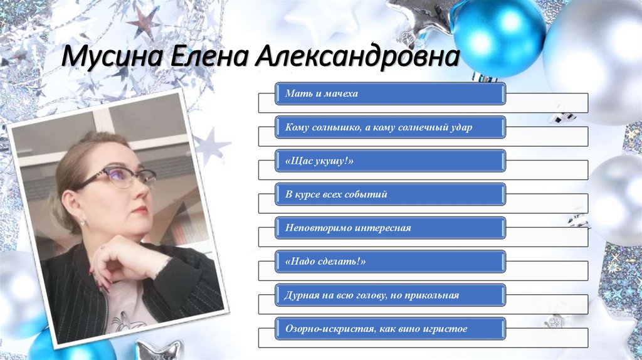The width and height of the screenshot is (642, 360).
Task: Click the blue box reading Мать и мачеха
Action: pos(391,93)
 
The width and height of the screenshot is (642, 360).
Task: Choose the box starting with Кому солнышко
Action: pos(391,127)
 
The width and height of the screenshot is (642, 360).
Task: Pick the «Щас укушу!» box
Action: pos(391,161)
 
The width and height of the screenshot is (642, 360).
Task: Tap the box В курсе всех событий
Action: pos(391,194)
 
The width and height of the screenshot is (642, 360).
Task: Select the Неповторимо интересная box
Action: pos(391,228)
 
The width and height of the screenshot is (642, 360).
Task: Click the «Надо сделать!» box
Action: pos(391,262)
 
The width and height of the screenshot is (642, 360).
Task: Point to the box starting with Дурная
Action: pos(391,295)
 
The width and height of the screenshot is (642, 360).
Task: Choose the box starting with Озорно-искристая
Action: pos(391,329)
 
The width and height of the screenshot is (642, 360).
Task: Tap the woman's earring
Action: pos(82,221)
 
